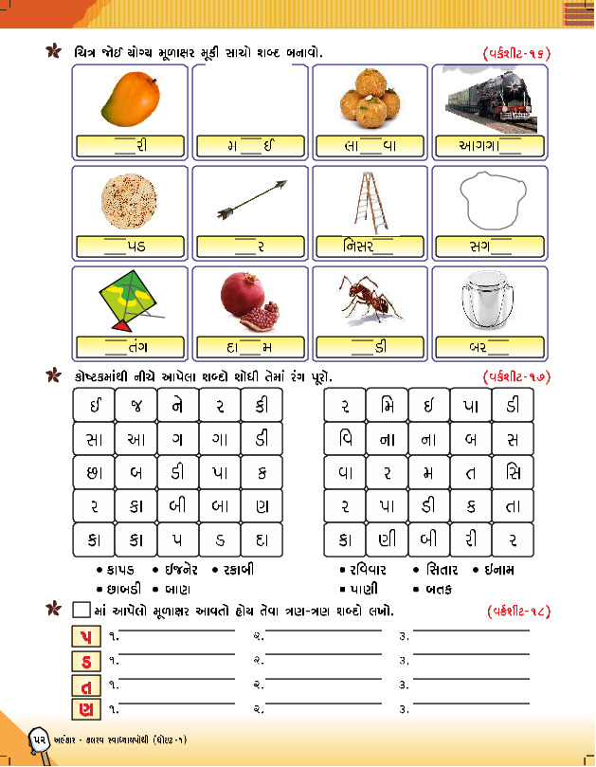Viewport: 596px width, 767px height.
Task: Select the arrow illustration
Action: coord(250,199)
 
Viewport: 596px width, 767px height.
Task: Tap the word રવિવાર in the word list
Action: coord(370,570)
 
